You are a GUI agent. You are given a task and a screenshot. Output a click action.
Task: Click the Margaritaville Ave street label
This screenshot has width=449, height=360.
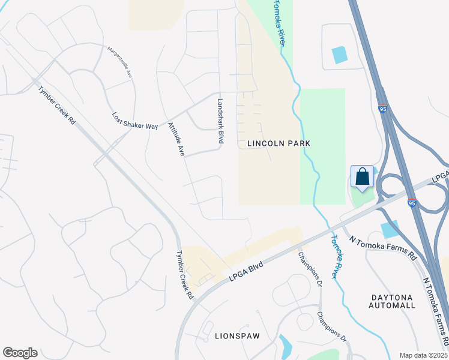(119, 62)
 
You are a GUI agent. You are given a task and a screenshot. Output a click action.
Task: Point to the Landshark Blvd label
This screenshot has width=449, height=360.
(220, 120)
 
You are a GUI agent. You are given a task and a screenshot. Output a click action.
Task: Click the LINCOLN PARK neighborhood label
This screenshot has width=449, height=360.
(279, 143)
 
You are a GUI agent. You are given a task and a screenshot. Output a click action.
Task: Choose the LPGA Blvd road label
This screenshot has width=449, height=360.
(247, 268)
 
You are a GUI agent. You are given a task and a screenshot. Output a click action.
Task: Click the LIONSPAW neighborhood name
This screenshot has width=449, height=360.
(237, 336)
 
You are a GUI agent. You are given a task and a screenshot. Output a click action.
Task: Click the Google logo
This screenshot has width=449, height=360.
(20, 353)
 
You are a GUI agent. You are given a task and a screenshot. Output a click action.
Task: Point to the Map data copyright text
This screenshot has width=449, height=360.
(423, 355)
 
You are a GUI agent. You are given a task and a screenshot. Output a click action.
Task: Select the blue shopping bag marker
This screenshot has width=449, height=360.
(362, 178)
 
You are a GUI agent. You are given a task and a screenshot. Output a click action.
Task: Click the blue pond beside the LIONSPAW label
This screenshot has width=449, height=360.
(285, 346)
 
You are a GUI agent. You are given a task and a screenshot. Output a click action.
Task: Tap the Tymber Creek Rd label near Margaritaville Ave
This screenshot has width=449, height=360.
(56, 106)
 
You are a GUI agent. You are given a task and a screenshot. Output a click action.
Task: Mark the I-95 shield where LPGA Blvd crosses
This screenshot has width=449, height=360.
(411, 204)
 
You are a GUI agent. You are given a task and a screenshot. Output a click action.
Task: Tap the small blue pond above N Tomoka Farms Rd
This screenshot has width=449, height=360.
(390, 229)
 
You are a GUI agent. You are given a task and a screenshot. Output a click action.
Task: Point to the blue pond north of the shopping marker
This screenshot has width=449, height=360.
(340, 55)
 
